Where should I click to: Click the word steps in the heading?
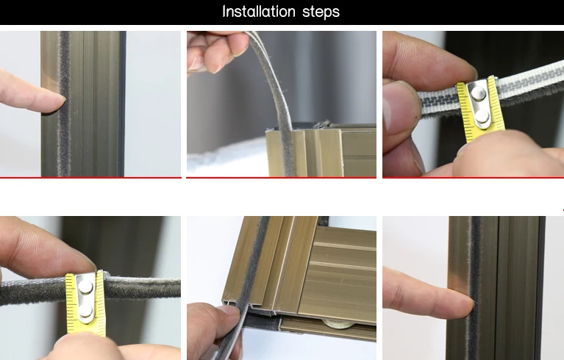321,12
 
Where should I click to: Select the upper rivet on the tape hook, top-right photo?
479,93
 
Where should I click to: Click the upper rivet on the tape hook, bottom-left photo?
85,287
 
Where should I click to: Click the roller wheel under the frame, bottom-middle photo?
338,324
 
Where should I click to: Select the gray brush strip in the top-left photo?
64,104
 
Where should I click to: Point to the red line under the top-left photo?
90,177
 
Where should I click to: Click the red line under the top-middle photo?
282,177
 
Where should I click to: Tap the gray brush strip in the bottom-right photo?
475,287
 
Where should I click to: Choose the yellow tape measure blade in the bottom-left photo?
85,305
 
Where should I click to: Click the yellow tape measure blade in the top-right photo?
481,109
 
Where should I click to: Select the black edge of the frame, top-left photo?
122,104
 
